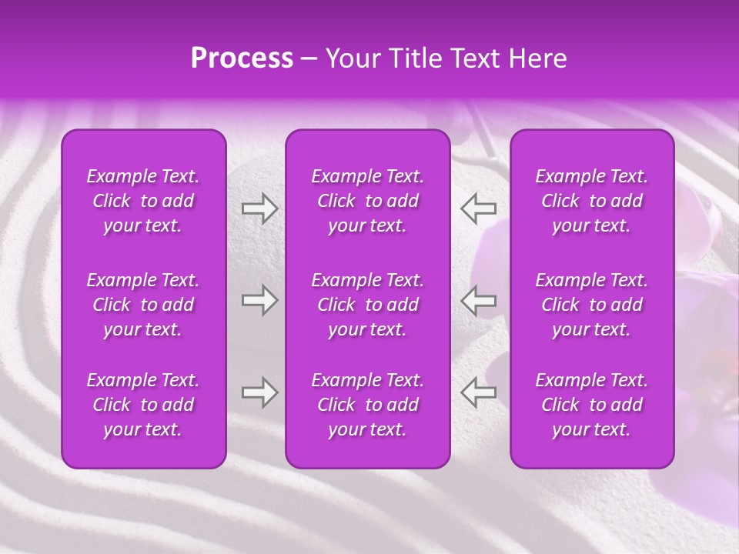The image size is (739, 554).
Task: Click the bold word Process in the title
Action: [242, 58]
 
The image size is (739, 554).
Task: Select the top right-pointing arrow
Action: [259, 209]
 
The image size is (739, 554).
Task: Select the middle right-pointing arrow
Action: [259, 300]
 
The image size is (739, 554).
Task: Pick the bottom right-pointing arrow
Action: [259, 392]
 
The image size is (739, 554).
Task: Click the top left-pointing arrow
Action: [479, 209]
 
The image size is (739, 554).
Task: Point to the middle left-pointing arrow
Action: [479, 300]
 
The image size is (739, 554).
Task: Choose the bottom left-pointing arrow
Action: [479, 392]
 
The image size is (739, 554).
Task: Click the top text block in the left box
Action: [143, 201]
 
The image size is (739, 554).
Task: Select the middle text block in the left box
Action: [143, 305]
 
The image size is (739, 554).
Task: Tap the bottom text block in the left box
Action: [143, 405]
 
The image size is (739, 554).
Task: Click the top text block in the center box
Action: [367, 201]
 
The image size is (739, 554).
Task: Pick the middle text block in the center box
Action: [367, 305]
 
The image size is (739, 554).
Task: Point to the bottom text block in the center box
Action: [367, 405]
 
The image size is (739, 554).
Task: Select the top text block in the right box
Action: [591, 201]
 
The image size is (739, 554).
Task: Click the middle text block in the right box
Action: [591, 305]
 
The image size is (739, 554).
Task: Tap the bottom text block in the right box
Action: [591, 405]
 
